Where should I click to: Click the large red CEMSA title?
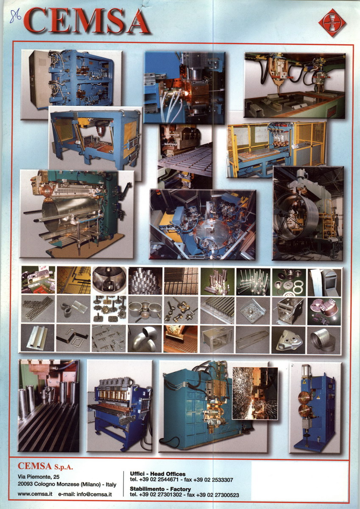click(x=87, y=20)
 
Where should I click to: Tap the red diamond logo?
click(x=332, y=23)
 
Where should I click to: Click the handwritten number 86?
click(x=15, y=16)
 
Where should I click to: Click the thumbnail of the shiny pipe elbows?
click(x=145, y=338)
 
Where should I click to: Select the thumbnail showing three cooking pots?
click(x=145, y=310)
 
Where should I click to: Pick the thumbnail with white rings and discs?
click(x=289, y=281)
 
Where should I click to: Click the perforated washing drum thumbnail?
click(x=109, y=280)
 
